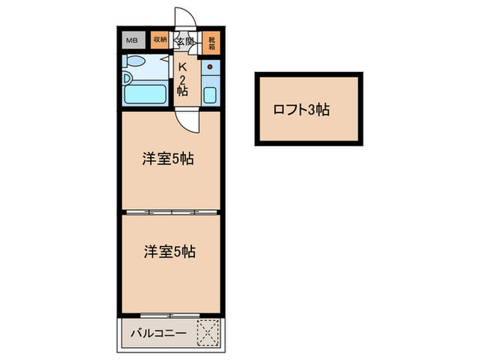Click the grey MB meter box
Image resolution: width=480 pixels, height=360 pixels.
click(132, 40)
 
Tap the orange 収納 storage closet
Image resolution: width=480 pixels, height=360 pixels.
click(159, 40)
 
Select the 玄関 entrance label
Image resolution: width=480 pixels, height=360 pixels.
click(184, 43)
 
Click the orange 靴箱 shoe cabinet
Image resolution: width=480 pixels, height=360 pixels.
click(212, 43)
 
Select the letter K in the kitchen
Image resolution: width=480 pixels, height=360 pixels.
click(183, 67)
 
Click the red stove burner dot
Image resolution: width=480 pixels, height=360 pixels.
click(211, 67)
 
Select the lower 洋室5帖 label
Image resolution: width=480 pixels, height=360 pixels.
click(169, 252)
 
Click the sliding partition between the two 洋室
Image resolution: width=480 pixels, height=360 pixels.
click(171, 211)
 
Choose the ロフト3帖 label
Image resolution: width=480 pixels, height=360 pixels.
click(301, 109)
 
